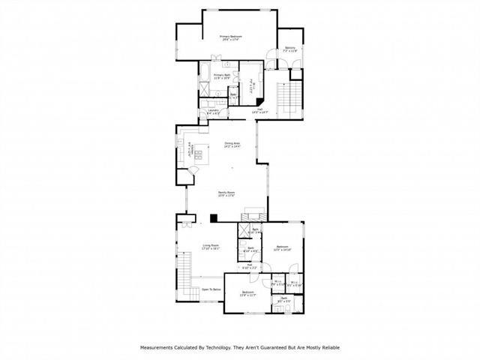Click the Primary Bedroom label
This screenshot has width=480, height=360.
tap(229, 37)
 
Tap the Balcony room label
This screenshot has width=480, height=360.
tap(290, 49)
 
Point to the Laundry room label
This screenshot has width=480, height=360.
tap(214, 111)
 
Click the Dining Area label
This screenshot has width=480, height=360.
tap(232, 143)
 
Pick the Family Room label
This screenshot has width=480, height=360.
tap(227, 193)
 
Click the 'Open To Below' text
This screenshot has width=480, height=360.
tap(211, 288)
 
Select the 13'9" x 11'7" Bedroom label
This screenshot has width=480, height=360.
tap(247, 292)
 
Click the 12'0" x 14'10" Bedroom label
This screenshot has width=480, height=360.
tap(283, 247)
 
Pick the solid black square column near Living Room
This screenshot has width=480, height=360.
tap(214, 218)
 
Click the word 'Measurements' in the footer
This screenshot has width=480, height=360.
tap(159, 347)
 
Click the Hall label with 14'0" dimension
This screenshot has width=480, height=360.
tap(259, 109)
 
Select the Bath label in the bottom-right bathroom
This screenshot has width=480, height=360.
tap(284, 299)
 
